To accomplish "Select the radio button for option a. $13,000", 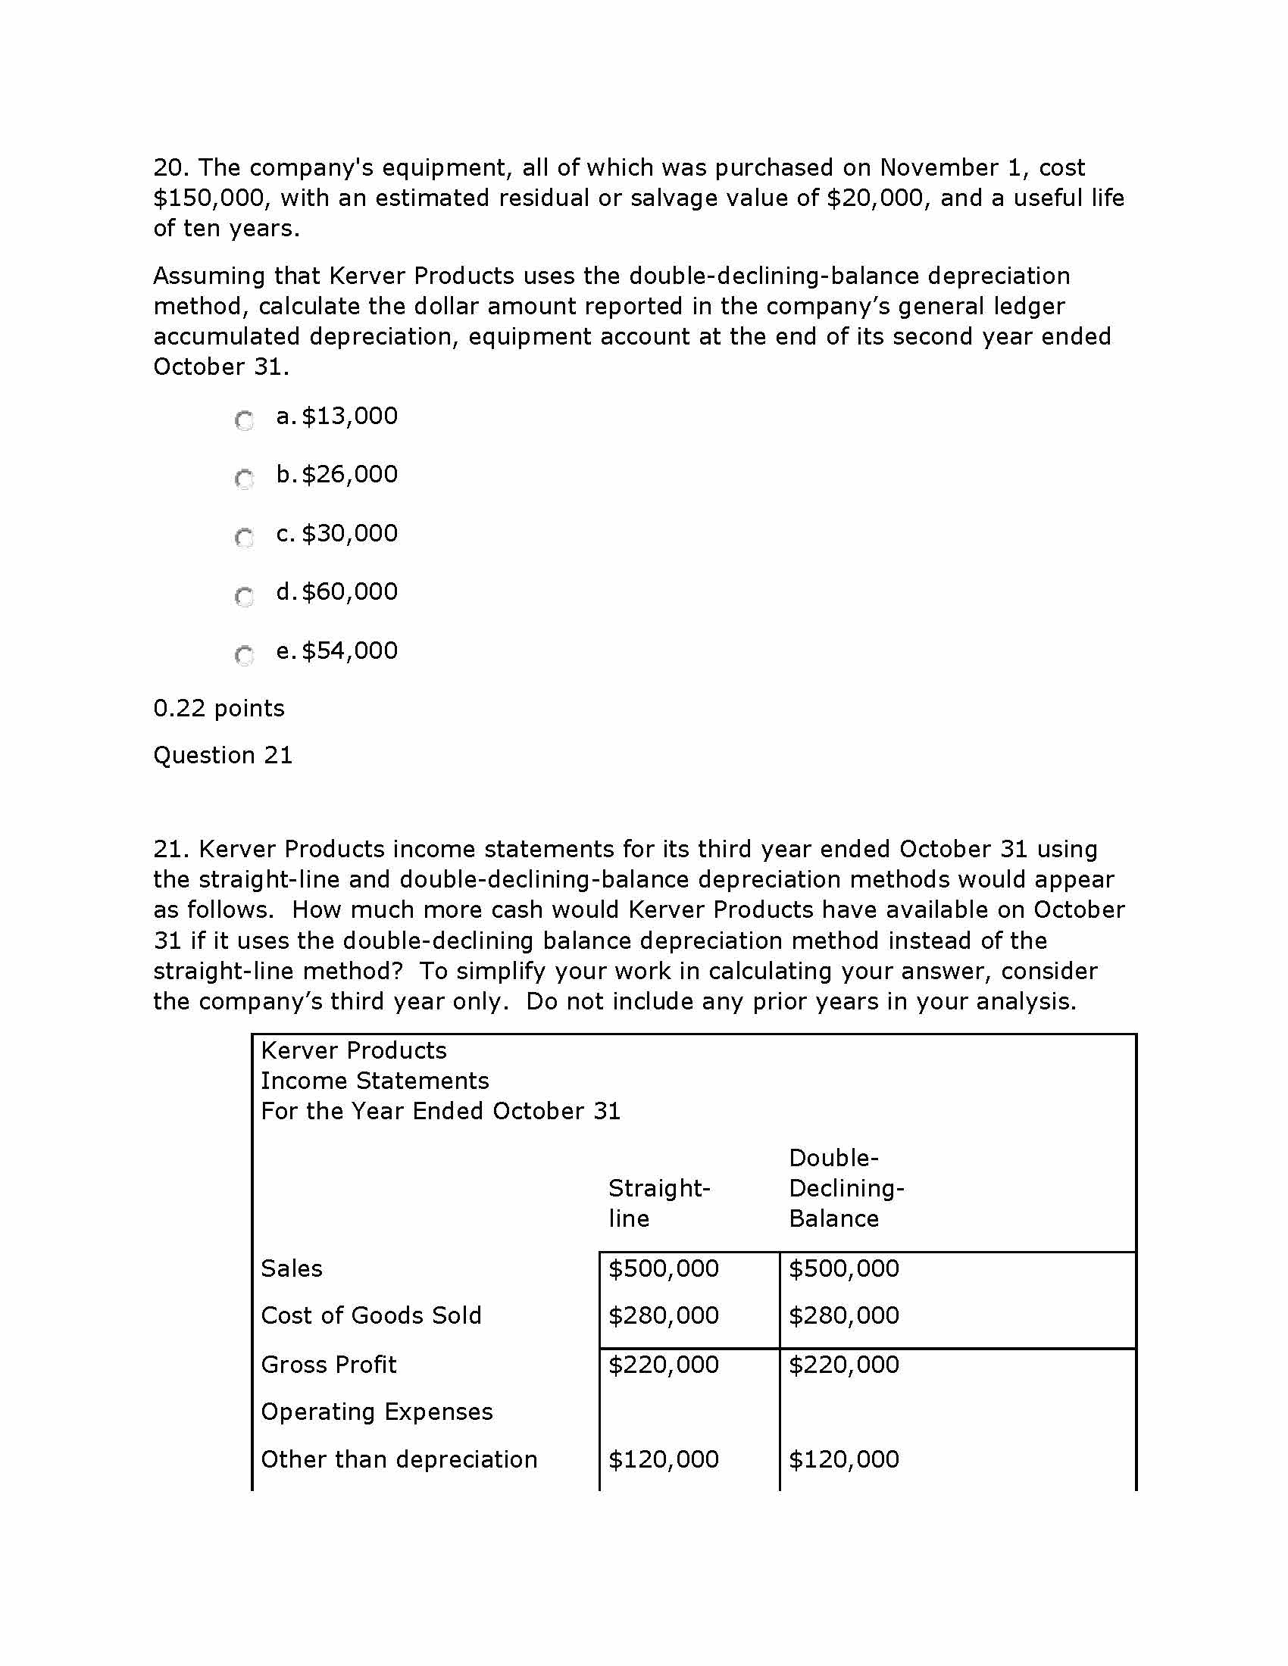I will pos(244,420).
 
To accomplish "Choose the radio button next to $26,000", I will pos(244,479).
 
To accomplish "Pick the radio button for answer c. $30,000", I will pos(244,538).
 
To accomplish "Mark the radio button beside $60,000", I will pos(244,596).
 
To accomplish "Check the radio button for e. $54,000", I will pos(244,654).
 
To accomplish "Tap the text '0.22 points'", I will pos(219,709).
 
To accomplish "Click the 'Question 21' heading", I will pos(223,755).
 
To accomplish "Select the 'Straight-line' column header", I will pos(659,1203).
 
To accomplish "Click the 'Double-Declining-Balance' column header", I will pos(846,1187).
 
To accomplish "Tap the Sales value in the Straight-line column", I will pos(663,1268).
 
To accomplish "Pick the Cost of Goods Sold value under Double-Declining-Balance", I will pos(844,1315).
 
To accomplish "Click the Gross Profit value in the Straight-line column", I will pos(663,1364).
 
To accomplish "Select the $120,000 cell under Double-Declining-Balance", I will pos(844,1459).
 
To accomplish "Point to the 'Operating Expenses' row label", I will pos(377,1412).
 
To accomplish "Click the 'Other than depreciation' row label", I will pos(399,1459).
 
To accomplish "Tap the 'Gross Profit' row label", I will pos(329,1364).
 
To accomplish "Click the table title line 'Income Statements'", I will pos(374,1081).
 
